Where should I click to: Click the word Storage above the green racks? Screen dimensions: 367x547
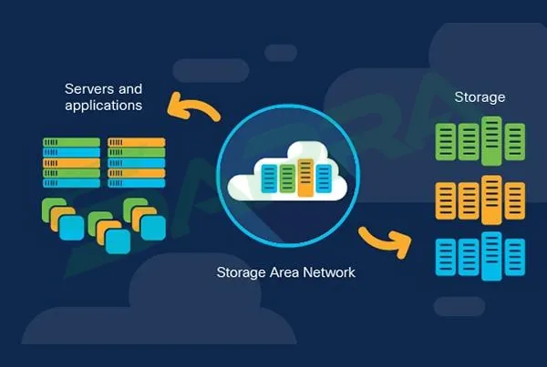[x=480, y=97]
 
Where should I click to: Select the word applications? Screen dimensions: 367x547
[x=103, y=106]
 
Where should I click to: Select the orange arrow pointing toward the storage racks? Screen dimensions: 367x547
[x=382, y=241]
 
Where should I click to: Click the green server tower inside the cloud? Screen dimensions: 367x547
[x=287, y=178]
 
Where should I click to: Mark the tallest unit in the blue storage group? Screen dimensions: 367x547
[x=491, y=255]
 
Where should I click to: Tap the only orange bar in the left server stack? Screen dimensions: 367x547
[x=71, y=163]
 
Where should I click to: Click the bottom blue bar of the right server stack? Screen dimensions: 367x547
[x=136, y=183]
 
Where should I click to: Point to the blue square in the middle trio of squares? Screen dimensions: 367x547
[x=117, y=239]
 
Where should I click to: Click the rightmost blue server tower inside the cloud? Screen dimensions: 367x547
[x=321, y=179]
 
